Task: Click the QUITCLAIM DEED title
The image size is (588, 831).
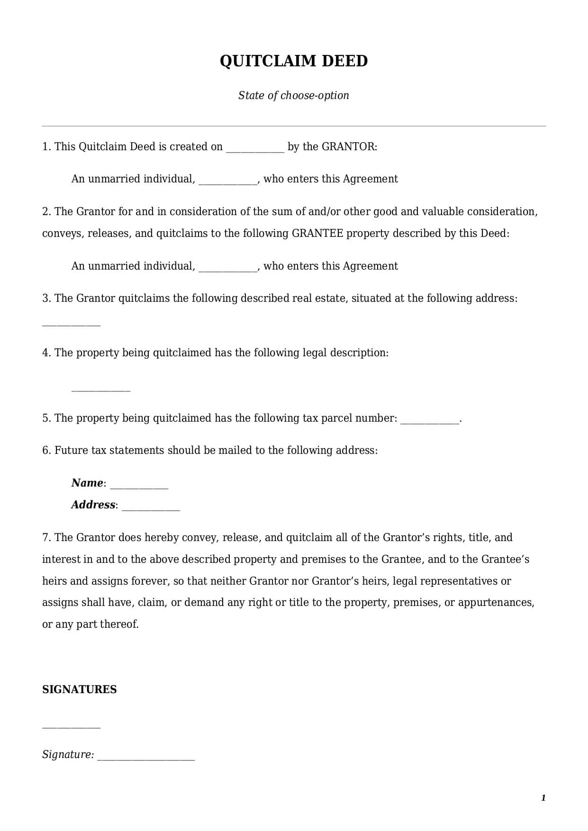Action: pyautogui.click(x=294, y=61)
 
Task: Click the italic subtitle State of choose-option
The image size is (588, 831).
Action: pyautogui.click(x=294, y=95)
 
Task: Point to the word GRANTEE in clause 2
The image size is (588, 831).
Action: pyautogui.click(x=317, y=234)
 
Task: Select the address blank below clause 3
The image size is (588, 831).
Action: pyautogui.click(x=72, y=324)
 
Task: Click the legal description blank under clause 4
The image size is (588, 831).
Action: pyautogui.click(x=100, y=390)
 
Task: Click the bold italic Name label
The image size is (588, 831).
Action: pyautogui.click(x=87, y=483)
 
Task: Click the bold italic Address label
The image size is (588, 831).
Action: pyautogui.click(x=93, y=505)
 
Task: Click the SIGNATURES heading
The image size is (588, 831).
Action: pyautogui.click(x=80, y=689)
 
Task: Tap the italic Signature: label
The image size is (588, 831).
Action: pyautogui.click(x=68, y=754)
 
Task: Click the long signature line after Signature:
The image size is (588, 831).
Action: pyautogui.click(x=146, y=758)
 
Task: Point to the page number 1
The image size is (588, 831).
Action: pyautogui.click(x=543, y=798)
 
